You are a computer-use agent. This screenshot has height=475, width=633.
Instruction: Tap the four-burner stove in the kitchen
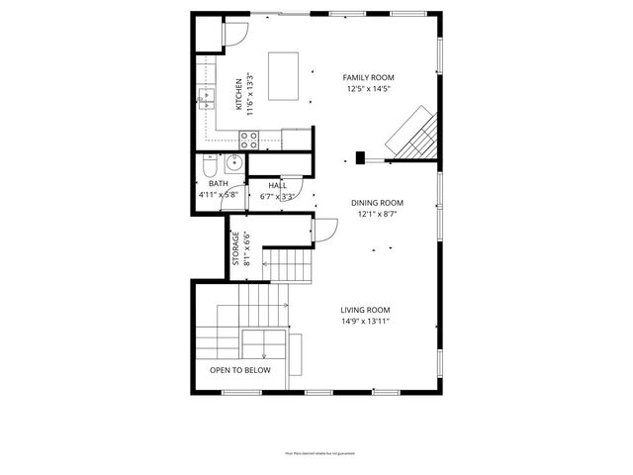[247, 140]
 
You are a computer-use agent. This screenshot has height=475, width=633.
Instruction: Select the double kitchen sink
[207, 96]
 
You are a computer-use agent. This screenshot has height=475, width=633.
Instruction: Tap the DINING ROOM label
[377, 203]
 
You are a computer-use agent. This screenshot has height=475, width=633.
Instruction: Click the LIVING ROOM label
[365, 309]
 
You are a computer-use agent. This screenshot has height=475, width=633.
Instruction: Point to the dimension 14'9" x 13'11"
[365, 321]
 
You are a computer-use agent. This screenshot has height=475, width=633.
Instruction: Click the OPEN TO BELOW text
[239, 370]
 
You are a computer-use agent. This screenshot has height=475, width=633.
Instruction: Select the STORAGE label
[235, 248]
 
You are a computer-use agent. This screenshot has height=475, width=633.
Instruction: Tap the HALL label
[277, 185]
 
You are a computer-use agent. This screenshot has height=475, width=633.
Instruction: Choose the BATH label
[218, 184]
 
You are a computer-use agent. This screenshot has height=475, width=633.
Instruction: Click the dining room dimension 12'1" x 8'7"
[377, 215]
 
